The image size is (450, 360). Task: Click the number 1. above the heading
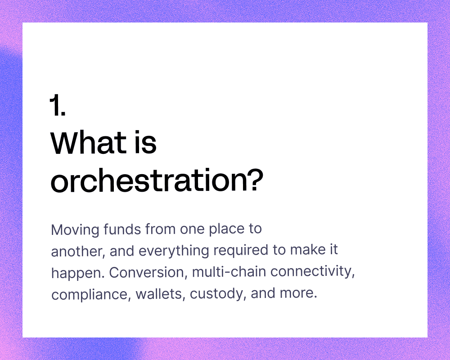[58, 105]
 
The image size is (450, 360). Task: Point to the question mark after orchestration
[255, 180]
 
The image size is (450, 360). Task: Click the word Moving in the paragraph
[75, 230]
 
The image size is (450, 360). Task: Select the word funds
[122, 229]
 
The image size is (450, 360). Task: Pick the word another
[76, 251]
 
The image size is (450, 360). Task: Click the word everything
[174, 251]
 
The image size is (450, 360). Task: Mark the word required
[241, 250]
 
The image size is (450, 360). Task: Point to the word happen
[78, 273]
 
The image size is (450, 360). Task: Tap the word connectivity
[313, 272]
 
